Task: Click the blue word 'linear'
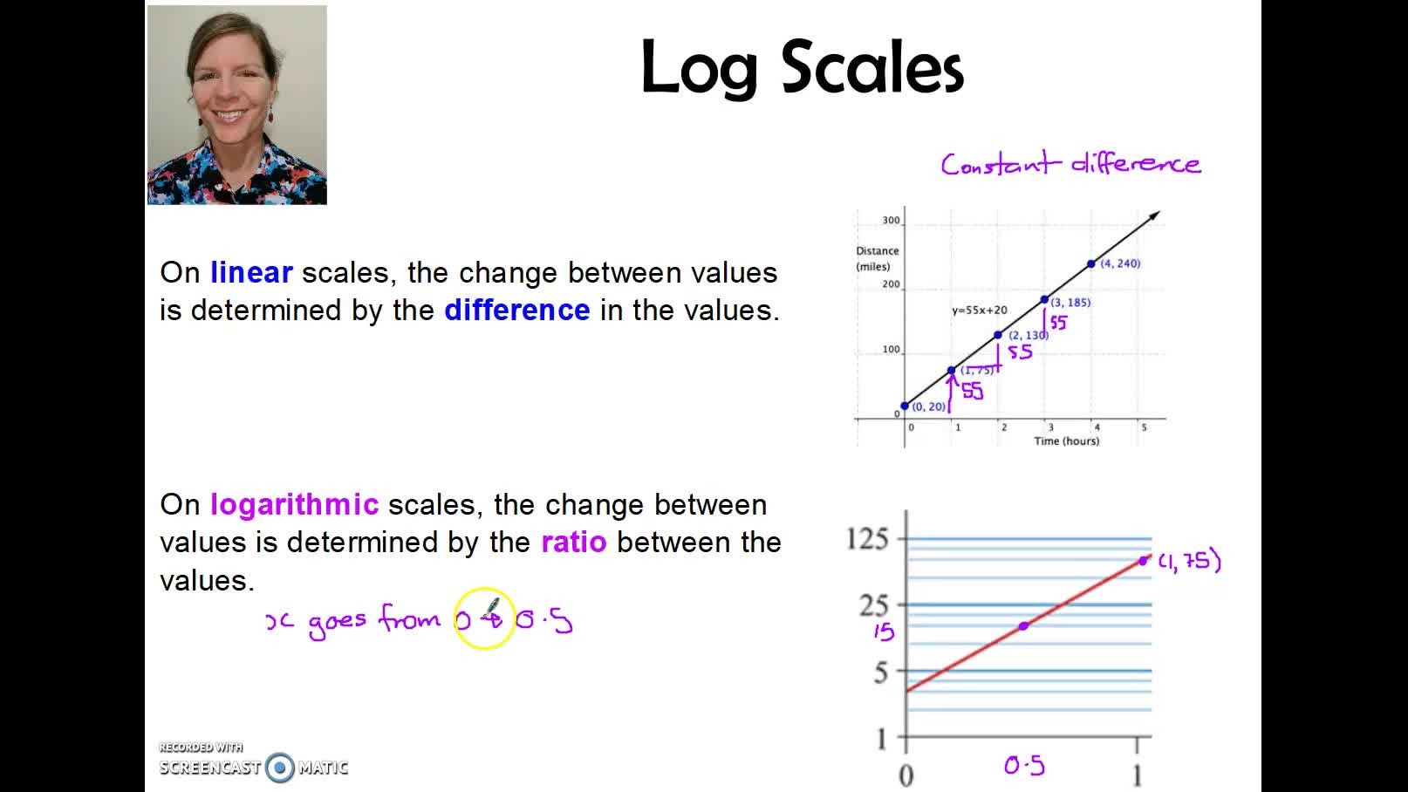tap(251, 273)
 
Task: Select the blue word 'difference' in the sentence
tap(517, 311)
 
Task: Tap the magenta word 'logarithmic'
tap(294, 505)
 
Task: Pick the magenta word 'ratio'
tap(574, 543)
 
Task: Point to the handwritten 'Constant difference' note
tap(1070, 164)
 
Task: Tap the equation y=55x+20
tap(979, 310)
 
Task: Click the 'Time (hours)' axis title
tap(1066, 441)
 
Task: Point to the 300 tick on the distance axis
tap(891, 221)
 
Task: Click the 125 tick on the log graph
tap(867, 539)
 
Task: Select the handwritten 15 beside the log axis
tap(884, 632)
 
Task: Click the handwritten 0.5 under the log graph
tap(1024, 766)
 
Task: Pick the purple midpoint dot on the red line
tap(1023, 626)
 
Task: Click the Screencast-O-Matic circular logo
tap(280, 768)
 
